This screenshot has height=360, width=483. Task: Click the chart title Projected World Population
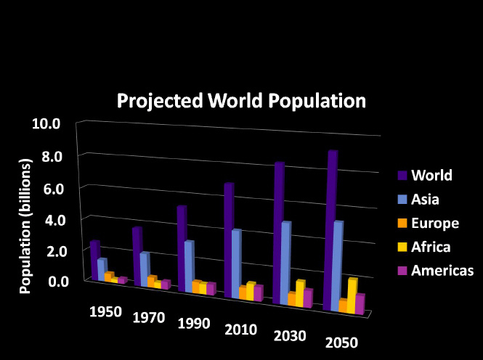[242, 100]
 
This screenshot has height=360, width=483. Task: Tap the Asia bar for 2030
[286, 261]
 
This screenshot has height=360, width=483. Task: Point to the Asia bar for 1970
[145, 269]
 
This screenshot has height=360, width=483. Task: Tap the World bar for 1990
[182, 247]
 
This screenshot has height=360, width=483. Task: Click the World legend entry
[431, 175]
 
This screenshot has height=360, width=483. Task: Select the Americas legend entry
[442, 271]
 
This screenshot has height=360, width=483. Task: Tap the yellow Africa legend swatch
[401, 247]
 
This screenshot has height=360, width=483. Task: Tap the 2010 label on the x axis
[240, 330]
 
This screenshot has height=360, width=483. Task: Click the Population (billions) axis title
[25, 228]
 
